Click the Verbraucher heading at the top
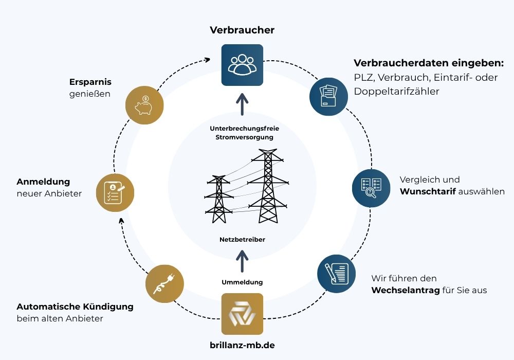click(x=242, y=30)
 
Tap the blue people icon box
click(x=242, y=65)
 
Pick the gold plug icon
click(x=164, y=283)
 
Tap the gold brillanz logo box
click(x=242, y=314)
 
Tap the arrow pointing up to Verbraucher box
click(x=242, y=105)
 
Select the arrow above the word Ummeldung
click(x=242, y=261)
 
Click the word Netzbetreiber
click(x=242, y=240)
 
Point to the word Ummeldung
click(x=242, y=282)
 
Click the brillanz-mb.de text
click(x=242, y=345)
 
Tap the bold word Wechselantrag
click(x=406, y=291)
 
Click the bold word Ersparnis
click(x=90, y=82)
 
